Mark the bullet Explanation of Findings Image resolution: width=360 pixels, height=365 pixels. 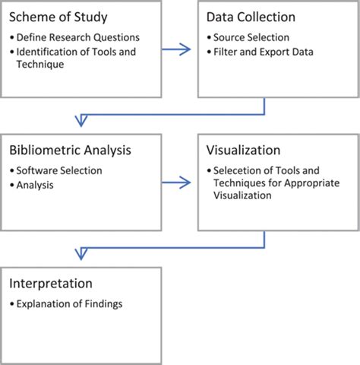point(69,304)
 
